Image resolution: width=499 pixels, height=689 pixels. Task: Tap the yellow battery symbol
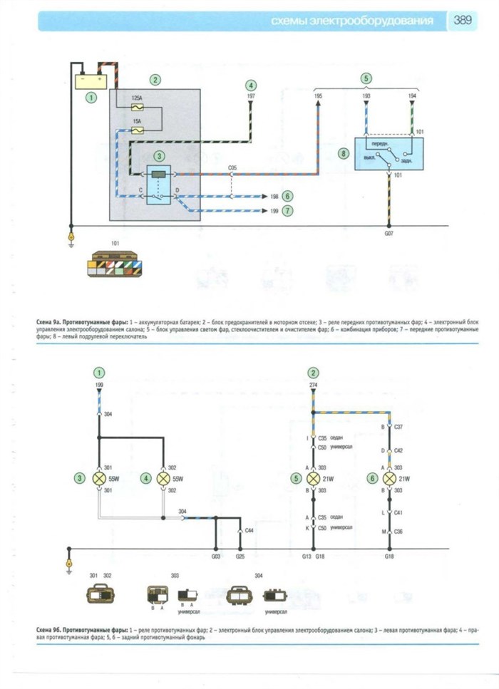[91, 79]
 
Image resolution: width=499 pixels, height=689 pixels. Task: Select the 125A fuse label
[138, 97]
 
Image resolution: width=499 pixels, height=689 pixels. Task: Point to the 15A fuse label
[138, 121]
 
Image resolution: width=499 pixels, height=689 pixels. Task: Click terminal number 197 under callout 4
[251, 95]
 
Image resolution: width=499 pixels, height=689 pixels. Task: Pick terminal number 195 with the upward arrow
[318, 95]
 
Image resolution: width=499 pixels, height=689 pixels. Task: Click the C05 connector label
[232, 168]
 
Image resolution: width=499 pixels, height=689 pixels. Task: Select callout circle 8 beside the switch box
[343, 152]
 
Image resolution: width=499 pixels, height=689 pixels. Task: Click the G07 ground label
[389, 232]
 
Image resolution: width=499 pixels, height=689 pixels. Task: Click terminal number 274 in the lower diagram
[312, 385]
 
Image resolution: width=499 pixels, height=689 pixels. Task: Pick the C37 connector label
[398, 427]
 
